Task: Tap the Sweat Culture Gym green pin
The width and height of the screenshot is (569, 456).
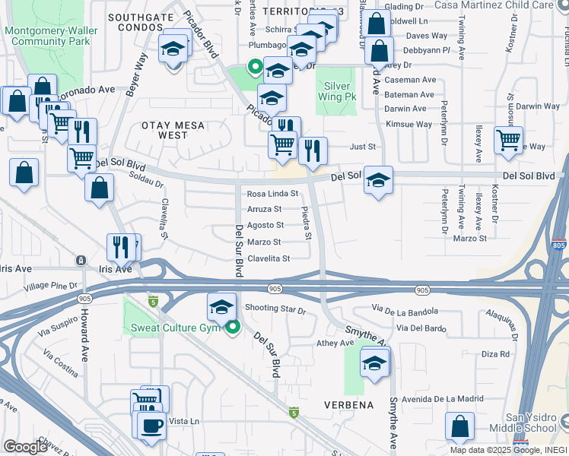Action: (233, 328)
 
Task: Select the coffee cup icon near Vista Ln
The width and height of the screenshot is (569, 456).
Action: (151, 426)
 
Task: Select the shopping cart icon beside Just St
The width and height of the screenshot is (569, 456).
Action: (507, 139)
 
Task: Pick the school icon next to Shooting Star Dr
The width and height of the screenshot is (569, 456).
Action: (221, 307)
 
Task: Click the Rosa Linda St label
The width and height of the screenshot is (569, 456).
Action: (272, 194)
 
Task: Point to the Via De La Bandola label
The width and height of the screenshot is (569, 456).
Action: (405, 310)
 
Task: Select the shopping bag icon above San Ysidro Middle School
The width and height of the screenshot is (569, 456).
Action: (459, 427)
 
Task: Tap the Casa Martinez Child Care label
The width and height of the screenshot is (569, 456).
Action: (509, 5)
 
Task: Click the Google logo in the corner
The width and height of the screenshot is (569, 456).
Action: (25, 447)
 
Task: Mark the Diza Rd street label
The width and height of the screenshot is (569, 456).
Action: (494, 354)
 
